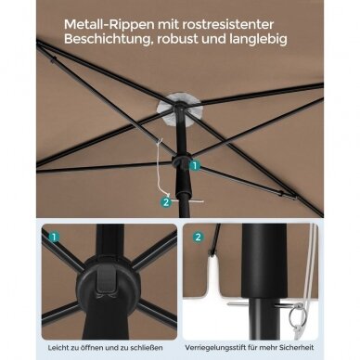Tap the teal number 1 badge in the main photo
coord(195,165)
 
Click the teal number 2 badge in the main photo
coord(166,202)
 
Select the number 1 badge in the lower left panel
coord(54,238)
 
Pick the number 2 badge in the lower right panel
coord(198,238)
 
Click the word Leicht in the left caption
coord(58,348)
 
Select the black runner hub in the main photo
coord(181,162)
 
